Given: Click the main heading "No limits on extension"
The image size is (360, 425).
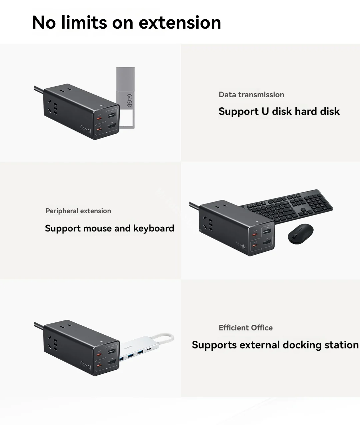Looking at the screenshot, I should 126,23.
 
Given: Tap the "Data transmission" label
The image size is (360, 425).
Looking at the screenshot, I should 251,95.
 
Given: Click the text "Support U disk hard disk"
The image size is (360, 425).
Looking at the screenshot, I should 279,111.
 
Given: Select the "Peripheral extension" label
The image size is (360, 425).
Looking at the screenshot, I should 78,211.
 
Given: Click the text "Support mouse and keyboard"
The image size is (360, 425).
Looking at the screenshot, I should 109,228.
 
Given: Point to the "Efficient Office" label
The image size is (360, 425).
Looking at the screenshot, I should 246,328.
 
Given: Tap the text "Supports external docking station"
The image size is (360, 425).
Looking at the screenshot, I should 275,345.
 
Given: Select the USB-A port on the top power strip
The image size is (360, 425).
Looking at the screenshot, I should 111,115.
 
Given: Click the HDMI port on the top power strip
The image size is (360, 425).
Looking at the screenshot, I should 111,127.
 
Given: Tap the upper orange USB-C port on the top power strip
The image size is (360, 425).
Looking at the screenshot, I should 99,118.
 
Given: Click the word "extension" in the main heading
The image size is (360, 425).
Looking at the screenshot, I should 180,23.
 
